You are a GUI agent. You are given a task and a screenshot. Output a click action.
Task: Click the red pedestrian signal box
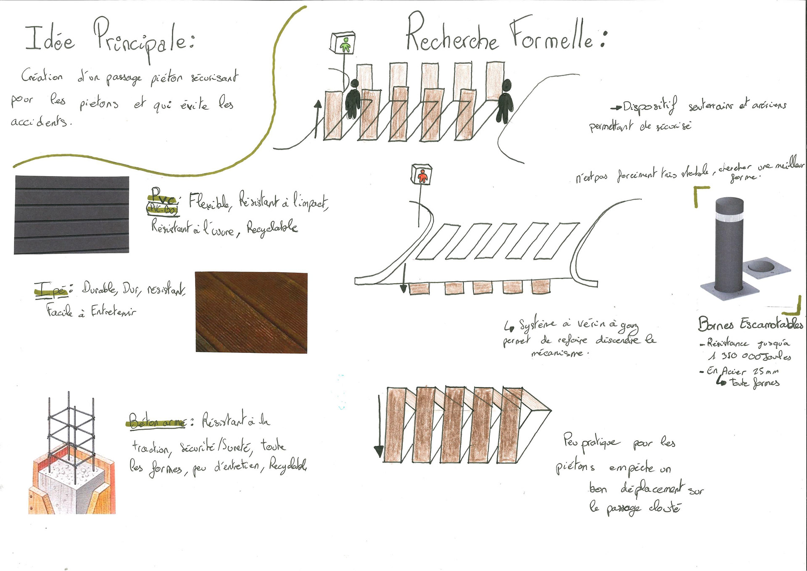click(422, 175)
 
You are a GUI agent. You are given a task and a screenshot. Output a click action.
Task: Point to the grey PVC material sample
click(71, 215)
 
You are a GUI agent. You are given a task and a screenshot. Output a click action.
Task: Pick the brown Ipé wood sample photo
click(251, 312)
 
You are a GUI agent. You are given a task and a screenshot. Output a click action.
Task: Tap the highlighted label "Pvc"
click(163, 196)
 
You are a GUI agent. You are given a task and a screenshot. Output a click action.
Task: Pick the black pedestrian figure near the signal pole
click(353, 99)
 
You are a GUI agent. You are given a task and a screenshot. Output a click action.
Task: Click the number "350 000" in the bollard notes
click(742, 356)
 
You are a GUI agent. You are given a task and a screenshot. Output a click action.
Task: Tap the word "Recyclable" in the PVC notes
click(272, 228)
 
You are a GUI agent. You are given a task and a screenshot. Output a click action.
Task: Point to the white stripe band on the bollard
click(729, 218)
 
